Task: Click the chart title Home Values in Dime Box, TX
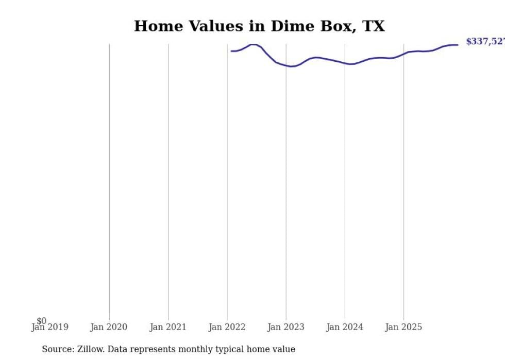tap(259, 26)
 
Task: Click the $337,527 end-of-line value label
tap(485, 42)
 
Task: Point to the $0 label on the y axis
tap(41, 321)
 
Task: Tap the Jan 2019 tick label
tap(49, 327)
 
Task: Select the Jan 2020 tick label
tap(109, 327)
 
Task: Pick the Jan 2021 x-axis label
tap(168, 327)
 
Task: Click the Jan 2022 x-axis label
tap(227, 327)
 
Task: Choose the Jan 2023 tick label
tap(286, 327)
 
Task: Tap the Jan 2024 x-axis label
tap(345, 327)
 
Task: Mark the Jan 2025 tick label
tap(403, 327)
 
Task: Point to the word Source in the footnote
tap(57, 349)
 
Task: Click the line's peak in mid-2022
tap(254, 44)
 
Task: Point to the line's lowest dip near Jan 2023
tap(291, 66)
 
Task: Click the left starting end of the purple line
tap(231, 51)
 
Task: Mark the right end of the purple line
tap(458, 45)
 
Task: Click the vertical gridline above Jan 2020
tap(109, 180)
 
